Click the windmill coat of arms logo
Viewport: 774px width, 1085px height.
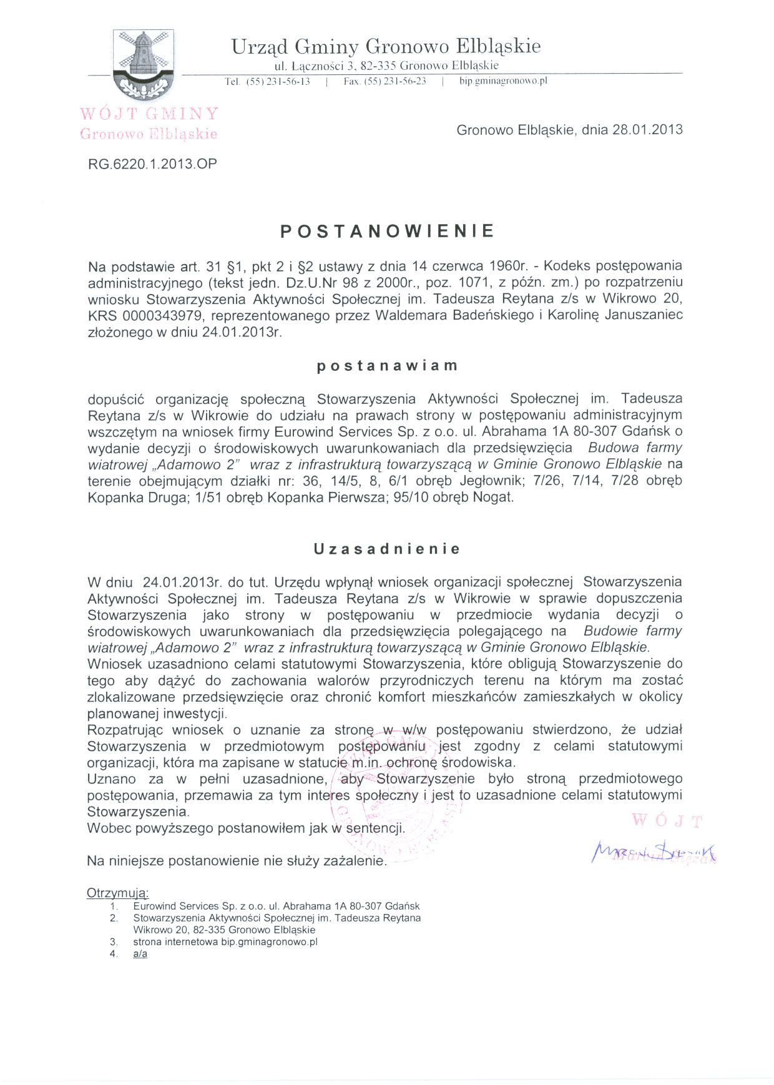(x=144, y=64)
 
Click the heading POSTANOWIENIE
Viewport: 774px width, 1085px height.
(x=387, y=232)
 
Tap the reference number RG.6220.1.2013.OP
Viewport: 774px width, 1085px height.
(x=152, y=164)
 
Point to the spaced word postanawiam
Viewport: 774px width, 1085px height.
(x=387, y=366)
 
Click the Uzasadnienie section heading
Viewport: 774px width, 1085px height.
(x=387, y=549)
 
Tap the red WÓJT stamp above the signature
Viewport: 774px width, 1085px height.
(x=667, y=820)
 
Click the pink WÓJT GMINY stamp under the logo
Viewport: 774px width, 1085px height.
(x=149, y=114)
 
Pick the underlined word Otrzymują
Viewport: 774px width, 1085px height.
(x=118, y=893)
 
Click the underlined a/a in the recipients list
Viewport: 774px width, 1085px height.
(x=140, y=954)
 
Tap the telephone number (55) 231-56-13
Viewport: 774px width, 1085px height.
(x=278, y=81)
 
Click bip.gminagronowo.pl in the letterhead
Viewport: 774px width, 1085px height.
(x=503, y=81)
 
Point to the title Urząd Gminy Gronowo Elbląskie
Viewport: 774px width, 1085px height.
(x=386, y=46)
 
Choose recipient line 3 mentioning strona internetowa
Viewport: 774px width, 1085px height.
(x=225, y=942)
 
